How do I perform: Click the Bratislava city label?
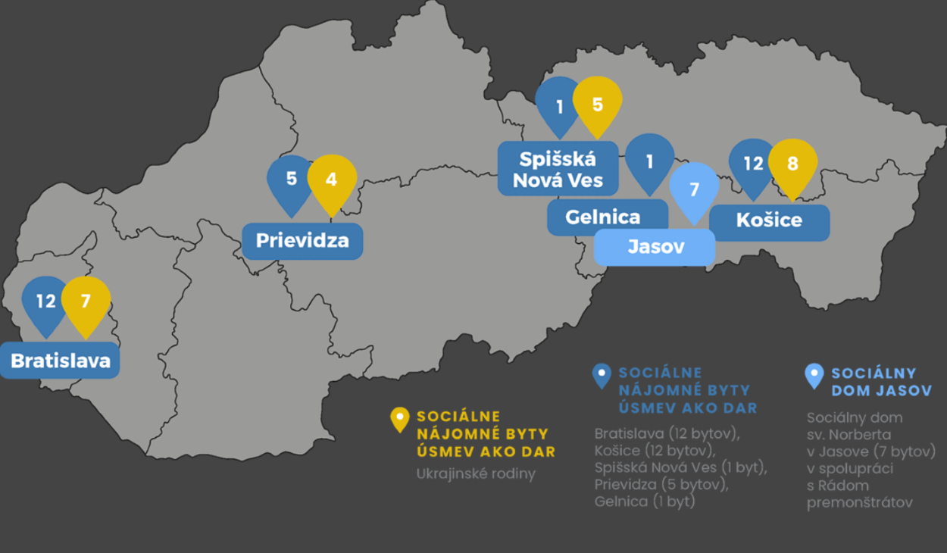61,361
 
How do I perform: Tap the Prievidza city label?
302,241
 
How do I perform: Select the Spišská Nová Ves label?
558,169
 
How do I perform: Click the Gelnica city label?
603,217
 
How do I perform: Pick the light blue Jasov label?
655,246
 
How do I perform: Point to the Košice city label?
769,220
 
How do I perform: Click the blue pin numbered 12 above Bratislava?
45,301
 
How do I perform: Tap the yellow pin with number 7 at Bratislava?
86,301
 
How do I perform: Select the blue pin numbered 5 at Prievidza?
291,180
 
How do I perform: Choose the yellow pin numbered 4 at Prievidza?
332,180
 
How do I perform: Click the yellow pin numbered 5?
597,103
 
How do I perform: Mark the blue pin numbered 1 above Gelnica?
649,161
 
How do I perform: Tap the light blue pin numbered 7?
694,189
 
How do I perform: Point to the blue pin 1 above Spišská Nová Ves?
559,105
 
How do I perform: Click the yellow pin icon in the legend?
399,419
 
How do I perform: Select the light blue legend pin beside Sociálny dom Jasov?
814,375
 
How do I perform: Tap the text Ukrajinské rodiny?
476,474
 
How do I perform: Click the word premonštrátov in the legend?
859,501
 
